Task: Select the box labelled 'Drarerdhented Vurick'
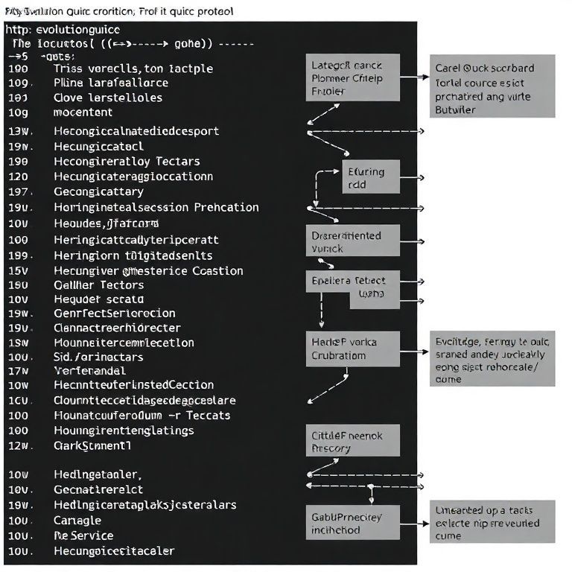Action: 353,242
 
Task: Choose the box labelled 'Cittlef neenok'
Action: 353,440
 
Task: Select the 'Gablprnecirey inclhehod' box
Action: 352,524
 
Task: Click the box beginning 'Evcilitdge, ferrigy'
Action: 492,360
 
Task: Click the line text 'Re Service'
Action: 83,536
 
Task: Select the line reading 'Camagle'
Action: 77,520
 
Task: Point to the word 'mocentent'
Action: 83,112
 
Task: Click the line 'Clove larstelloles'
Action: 108,98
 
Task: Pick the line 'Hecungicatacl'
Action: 99,146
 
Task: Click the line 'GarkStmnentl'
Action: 92,445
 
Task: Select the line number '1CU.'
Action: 18,400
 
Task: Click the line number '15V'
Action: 18,270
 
